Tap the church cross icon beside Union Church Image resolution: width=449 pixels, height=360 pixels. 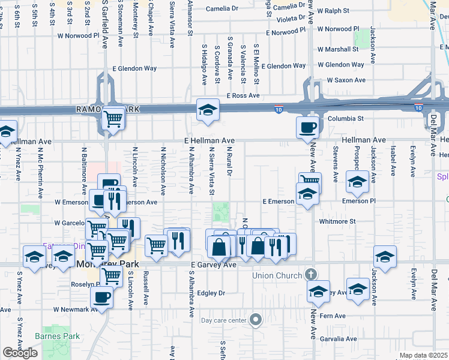click(310, 275)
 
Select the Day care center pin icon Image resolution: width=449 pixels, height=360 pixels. click(256, 320)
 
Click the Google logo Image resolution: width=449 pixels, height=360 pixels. click(20, 353)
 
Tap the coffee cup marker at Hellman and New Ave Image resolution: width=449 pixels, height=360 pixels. click(308, 126)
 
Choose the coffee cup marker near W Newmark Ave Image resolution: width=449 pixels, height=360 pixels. click(101, 296)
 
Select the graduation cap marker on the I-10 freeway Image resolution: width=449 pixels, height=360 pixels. click(208, 109)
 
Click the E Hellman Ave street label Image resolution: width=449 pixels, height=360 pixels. click(209, 140)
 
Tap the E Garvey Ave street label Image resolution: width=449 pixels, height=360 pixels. click(213, 265)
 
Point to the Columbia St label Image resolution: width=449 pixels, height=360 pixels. click(346, 119)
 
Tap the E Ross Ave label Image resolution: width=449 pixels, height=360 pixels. click(243, 95)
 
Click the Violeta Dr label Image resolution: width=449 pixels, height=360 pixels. click(291, 19)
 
